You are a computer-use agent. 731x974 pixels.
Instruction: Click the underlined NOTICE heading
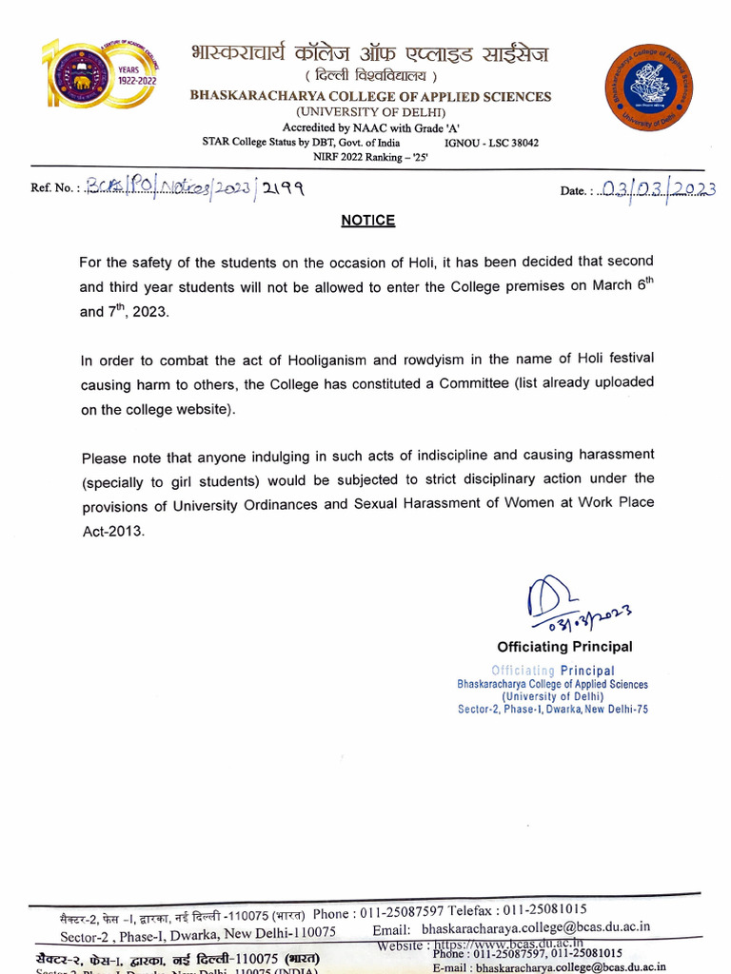[367, 220]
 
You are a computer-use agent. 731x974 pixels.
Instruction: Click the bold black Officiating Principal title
[564, 647]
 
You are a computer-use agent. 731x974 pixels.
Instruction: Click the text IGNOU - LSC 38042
[491, 142]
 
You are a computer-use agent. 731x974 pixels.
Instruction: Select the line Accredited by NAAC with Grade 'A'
[369, 127]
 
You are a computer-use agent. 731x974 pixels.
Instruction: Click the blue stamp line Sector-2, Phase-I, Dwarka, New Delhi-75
[553, 710]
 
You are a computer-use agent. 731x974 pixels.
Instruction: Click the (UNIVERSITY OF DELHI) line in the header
[369, 111]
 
